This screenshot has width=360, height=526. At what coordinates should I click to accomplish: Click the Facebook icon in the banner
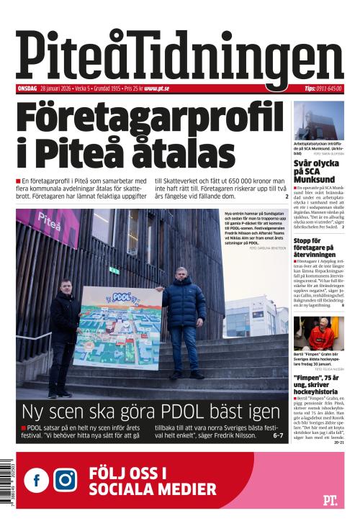click(36, 479)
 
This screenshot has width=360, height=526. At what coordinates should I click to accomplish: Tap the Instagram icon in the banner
click(65, 479)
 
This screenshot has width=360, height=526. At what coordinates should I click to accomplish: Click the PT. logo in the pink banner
click(330, 499)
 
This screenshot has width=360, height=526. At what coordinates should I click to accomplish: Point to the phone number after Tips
click(330, 89)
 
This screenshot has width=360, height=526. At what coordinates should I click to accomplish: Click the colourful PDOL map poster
click(117, 327)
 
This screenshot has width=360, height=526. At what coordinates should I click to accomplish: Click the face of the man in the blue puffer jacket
click(181, 275)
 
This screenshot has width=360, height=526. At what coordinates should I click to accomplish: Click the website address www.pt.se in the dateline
click(156, 89)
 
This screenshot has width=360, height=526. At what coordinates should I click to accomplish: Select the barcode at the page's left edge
click(6, 485)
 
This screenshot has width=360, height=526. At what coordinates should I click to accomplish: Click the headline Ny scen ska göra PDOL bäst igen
click(150, 412)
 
